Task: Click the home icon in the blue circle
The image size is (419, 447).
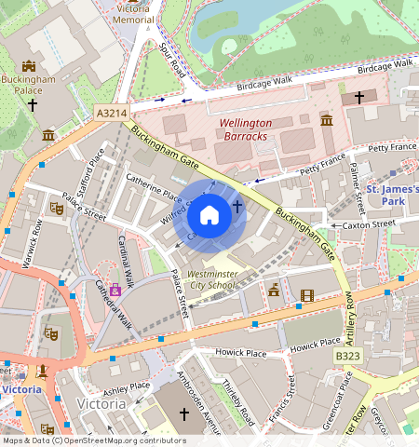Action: click(x=209, y=216)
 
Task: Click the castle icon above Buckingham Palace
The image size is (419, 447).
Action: click(x=28, y=66)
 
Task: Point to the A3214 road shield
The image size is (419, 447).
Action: click(x=111, y=113)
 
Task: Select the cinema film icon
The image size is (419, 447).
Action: click(x=307, y=296)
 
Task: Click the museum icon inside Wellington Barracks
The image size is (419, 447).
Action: click(x=327, y=120)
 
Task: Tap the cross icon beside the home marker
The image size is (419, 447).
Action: click(x=237, y=206)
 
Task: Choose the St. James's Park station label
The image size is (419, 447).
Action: click(x=392, y=195)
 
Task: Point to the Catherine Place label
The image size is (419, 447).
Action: click(x=154, y=184)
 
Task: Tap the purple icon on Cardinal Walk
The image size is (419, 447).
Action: click(x=115, y=290)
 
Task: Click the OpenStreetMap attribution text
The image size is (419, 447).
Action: click(x=94, y=440)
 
